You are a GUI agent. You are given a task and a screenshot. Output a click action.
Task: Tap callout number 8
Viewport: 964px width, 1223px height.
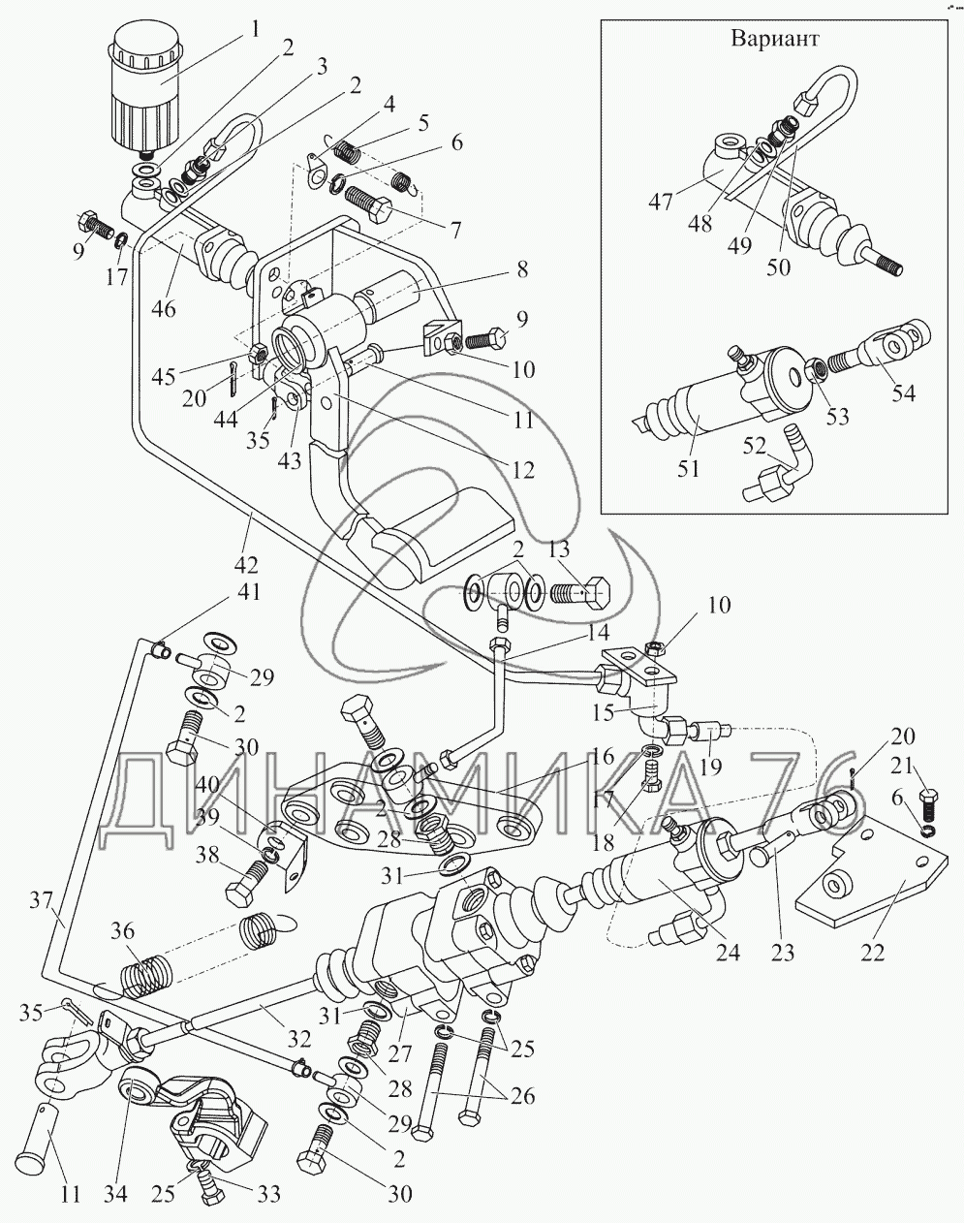click(523, 270)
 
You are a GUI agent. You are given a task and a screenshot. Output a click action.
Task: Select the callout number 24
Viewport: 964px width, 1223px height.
click(727, 953)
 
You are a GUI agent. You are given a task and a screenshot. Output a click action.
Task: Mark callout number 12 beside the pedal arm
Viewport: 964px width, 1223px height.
click(523, 472)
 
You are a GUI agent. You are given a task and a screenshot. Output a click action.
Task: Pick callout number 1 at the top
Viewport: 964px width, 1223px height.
click(255, 29)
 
